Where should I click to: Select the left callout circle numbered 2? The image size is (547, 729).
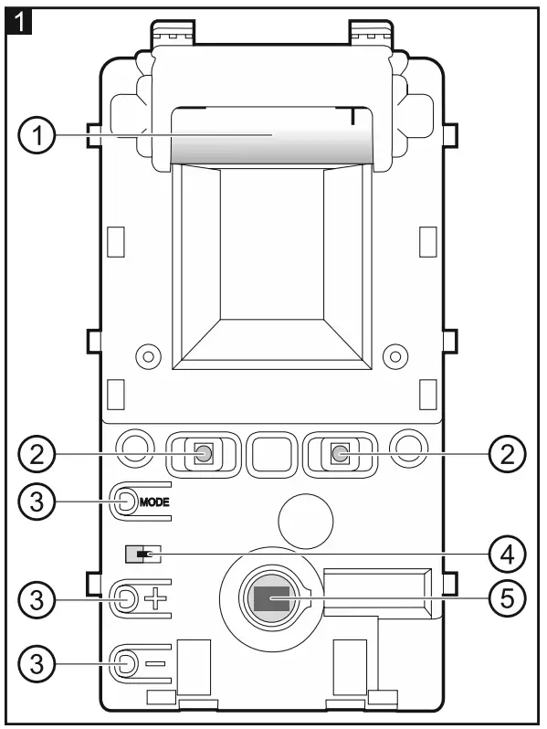point(36,453)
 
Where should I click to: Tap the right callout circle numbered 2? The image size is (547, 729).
point(508,453)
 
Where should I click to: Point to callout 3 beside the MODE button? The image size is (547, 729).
point(36,502)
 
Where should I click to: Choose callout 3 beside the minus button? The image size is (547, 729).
point(36,660)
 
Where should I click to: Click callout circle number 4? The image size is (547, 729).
point(508,554)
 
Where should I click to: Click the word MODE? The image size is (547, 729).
point(155,502)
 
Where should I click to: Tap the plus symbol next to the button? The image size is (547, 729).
point(156,599)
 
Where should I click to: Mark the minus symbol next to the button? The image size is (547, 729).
point(156,661)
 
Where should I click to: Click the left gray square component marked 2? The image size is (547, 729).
point(205,453)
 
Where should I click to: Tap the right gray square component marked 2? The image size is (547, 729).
point(340,453)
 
